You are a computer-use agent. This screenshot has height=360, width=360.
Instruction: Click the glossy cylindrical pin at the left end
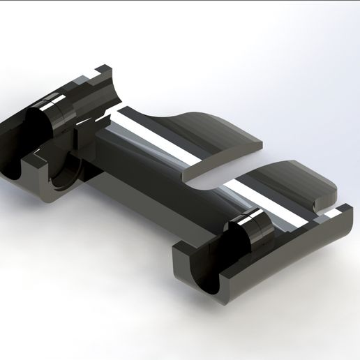click(x=52, y=119)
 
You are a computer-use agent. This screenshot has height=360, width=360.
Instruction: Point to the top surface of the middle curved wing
click(x=209, y=133)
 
